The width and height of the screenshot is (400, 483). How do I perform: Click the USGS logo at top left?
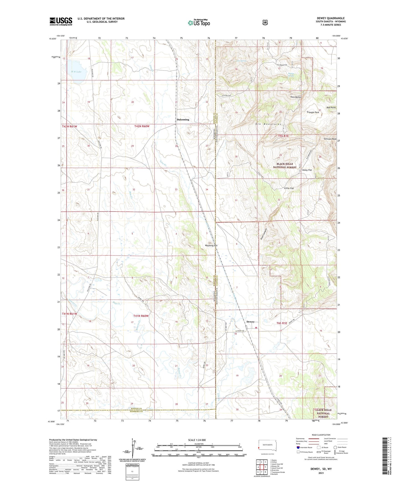(61, 21)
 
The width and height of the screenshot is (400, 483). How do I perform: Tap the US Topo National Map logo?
(198, 23)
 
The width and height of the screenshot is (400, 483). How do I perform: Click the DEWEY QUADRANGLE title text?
(331, 18)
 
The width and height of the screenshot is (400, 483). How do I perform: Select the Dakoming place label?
(183, 120)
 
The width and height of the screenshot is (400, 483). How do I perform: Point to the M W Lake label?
(76, 72)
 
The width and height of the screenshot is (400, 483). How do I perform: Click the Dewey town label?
(250, 322)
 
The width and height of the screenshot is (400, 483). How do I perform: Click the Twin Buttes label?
(296, 97)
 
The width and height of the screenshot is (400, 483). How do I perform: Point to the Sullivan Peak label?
(330, 139)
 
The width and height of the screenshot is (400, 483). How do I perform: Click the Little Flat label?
(289, 188)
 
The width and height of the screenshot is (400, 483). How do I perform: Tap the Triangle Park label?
(313, 112)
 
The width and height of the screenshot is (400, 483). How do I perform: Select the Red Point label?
(331, 108)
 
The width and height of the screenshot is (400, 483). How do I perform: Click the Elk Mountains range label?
(269, 124)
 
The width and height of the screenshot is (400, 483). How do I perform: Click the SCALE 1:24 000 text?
(197, 440)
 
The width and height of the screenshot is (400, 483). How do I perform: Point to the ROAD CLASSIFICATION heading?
(321, 435)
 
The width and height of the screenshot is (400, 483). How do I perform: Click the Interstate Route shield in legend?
(298, 447)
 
